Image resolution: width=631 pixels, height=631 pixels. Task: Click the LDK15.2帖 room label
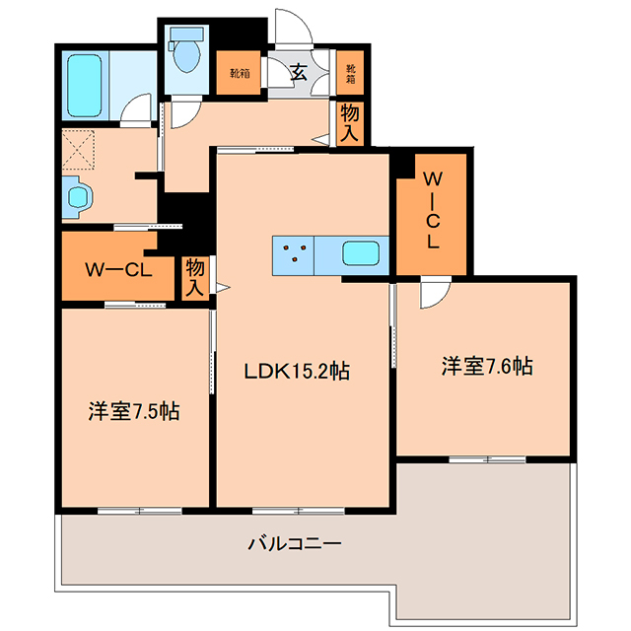297,371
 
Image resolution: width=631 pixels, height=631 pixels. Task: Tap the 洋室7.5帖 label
134,411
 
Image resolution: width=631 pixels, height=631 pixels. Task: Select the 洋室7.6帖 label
487,366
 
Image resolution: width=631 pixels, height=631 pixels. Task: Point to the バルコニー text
295,544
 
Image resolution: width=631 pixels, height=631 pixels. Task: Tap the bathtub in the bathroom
85,86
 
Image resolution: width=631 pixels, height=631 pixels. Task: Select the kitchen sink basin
361,253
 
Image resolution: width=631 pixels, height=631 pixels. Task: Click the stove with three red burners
294,256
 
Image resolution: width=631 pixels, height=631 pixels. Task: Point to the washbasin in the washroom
78,197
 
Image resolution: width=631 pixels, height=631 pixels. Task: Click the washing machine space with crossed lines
79,150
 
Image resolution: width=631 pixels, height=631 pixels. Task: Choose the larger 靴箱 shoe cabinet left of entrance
239,73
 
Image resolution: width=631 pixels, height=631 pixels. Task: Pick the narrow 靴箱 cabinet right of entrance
351,73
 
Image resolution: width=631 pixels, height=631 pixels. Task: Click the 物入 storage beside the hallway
350,123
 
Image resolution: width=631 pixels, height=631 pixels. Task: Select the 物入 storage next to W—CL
195,278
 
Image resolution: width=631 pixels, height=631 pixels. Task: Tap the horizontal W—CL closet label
118,269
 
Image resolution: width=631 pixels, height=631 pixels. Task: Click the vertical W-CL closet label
433,210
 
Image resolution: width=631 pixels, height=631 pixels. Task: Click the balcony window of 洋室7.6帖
487,459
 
